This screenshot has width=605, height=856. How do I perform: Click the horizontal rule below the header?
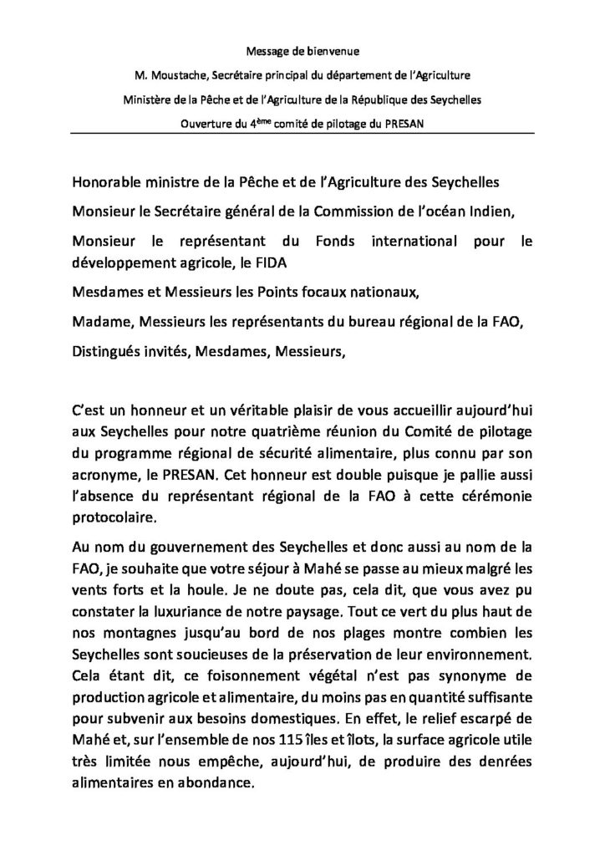coord(302,137)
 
